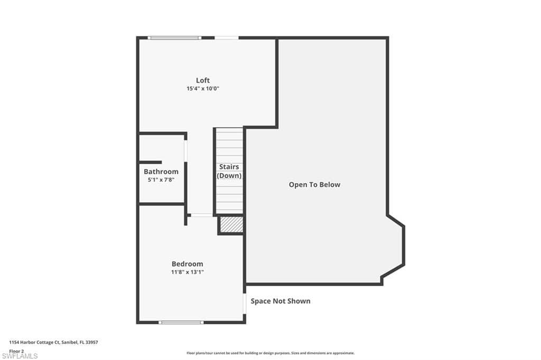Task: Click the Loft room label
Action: coord(203,80)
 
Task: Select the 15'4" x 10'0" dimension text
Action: coord(203,89)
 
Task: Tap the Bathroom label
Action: coord(161,172)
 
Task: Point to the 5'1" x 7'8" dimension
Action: coord(161,179)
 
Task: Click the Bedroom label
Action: coord(188,264)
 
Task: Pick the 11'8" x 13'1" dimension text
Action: coord(188,272)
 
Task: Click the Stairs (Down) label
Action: coord(229,171)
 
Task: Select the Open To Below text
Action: coord(314,184)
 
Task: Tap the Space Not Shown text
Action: coord(281,301)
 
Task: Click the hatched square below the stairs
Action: coord(231,224)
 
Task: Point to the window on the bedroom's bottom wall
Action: coord(181,323)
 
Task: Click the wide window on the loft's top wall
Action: coord(174,37)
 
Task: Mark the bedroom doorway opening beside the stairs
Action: coord(201,215)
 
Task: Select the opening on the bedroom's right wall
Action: coord(245,304)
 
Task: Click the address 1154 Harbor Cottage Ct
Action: coord(53,343)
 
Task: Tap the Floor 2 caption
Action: coord(16,351)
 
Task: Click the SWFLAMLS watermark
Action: coord(20,356)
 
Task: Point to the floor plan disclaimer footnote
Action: coord(270,353)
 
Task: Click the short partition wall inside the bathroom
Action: coord(150,163)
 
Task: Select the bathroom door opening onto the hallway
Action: coord(185,150)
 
